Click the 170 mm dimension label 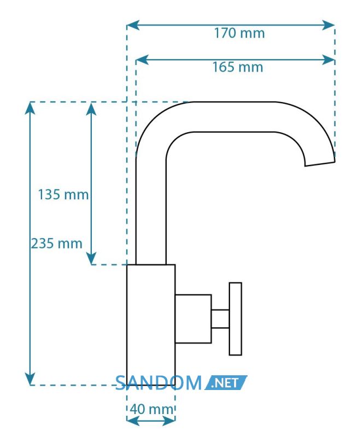point(239,33)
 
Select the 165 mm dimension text point(238,67)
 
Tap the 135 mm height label point(63,194)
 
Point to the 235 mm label point(57,243)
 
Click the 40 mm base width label point(152,409)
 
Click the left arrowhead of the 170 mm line point(133,25)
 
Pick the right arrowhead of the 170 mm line point(328,25)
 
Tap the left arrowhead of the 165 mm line point(142,60)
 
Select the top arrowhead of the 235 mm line point(30,108)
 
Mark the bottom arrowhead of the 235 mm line point(30,379)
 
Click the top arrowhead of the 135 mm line point(91,108)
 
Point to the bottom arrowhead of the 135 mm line point(91,258)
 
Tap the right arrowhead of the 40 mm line point(169,421)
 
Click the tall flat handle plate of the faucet point(236,319)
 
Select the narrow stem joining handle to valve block point(220,318)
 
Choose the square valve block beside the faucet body point(193,318)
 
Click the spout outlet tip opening point(320,163)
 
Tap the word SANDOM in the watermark point(158,383)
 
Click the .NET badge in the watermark point(225,383)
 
